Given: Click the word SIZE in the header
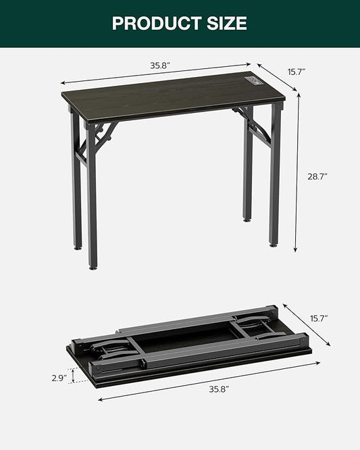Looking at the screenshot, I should point(224,23).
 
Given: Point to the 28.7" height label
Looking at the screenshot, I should point(317,176).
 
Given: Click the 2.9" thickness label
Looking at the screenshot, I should point(59,378).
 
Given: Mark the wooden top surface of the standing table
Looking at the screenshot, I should point(169,94).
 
